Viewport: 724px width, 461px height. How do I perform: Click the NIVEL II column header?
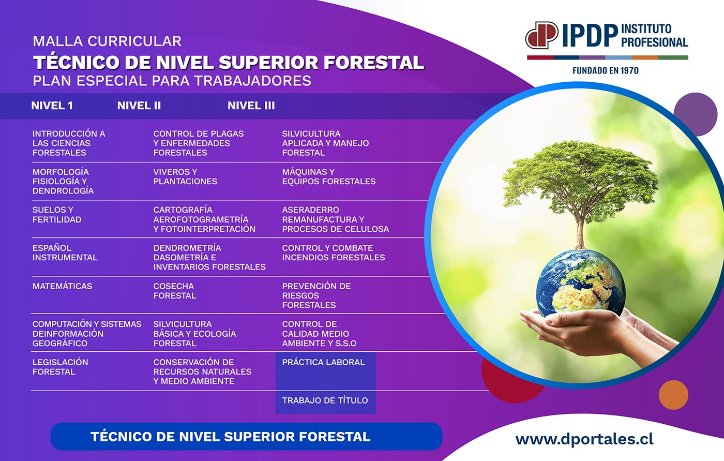point(139,106)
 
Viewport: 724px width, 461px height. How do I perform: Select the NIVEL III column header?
point(251,106)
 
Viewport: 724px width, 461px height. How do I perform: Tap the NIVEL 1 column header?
point(52,106)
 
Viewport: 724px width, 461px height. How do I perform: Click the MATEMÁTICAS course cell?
point(62,286)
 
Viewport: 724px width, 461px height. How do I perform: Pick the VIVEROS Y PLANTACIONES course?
point(185,176)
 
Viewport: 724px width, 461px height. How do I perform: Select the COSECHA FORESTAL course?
point(175,291)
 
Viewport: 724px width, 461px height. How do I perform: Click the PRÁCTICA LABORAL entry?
point(323,362)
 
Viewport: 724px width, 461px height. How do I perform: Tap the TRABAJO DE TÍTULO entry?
point(325,400)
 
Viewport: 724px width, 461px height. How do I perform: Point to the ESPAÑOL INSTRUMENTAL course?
point(65,253)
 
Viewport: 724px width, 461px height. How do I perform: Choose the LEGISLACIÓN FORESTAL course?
point(60,367)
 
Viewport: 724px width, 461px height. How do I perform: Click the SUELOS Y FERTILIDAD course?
point(57,215)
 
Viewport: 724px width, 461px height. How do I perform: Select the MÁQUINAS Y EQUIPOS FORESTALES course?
point(329,176)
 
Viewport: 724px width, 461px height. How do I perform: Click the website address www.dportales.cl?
point(584,439)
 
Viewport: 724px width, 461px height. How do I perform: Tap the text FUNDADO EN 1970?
point(606,70)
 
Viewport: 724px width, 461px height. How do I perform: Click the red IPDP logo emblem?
point(542,35)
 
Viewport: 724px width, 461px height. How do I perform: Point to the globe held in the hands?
point(581,283)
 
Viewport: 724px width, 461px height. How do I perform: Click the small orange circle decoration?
point(673,395)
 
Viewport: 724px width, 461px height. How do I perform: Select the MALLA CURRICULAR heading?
point(107,41)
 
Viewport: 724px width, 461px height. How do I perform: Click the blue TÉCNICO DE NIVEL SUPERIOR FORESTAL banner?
point(246,437)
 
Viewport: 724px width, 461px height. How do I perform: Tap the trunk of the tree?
point(580,231)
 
